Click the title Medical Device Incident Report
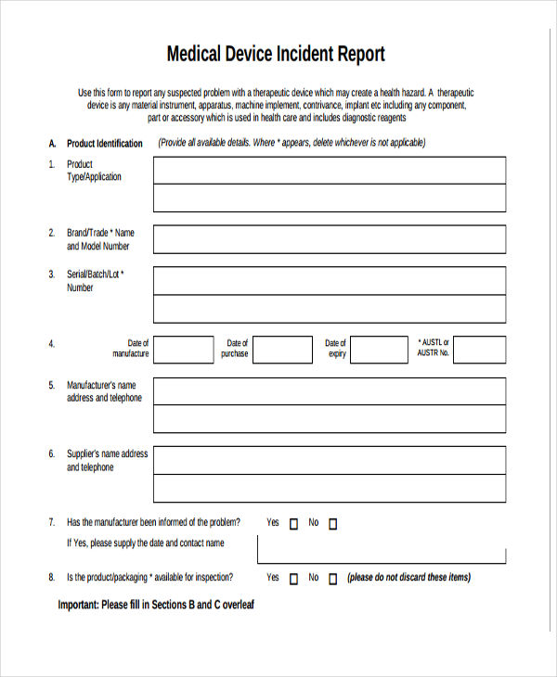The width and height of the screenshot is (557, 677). tap(276, 54)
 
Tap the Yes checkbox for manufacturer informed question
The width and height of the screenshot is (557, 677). tap(294, 524)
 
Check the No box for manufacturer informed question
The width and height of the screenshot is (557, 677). tap(333, 524)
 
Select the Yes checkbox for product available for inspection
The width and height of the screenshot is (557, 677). tap(294, 579)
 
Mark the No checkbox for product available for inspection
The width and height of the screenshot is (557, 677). tap(333, 579)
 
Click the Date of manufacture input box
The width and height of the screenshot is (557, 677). tap(183, 350)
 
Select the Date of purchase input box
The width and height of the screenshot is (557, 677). tap(283, 350)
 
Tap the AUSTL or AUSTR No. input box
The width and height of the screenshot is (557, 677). tap(479, 350)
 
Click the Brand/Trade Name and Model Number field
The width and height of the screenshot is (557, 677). tap(330, 239)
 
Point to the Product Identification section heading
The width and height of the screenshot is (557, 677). tap(105, 144)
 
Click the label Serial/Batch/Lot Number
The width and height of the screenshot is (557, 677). tap(95, 280)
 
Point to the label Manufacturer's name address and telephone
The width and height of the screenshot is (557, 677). tap(104, 391)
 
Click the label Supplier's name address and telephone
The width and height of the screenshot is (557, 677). tap(107, 461)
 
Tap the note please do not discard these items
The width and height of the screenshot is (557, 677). tap(408, 578)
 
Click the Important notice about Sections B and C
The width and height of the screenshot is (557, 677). tap(156, 605)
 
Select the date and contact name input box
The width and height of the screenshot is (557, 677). tap(382, 549)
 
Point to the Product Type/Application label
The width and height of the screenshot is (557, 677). tap(94, 171)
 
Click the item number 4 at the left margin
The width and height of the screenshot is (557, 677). tap(52, 343)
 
